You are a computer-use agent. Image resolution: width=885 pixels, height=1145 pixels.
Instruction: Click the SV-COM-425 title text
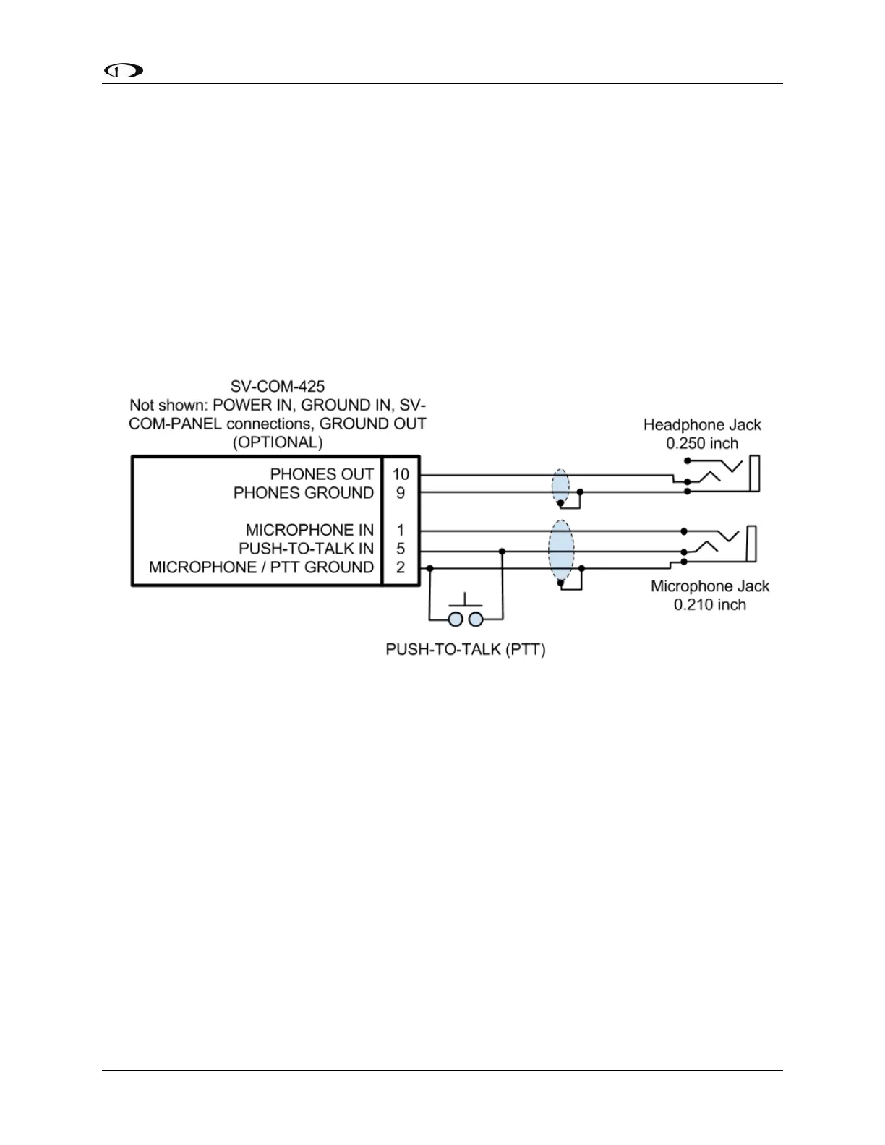click(278, 387)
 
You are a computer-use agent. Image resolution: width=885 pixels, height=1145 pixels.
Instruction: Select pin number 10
click(401, 475)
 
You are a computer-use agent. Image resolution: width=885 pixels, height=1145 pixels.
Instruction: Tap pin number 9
click(401, 493)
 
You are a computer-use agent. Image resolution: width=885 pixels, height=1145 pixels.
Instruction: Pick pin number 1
click(401, 531)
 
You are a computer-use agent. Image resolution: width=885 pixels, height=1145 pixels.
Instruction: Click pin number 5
click(401, 549)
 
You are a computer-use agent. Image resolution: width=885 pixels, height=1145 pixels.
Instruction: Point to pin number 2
click(401, 567)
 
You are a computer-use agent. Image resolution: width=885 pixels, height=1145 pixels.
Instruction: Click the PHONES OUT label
click(322, 475)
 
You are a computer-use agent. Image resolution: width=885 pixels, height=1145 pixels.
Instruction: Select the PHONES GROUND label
click(304, 493)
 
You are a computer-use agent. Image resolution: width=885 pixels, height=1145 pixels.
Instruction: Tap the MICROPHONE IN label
click(309, 531)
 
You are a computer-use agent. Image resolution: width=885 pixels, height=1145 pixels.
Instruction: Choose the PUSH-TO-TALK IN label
click(306, 549)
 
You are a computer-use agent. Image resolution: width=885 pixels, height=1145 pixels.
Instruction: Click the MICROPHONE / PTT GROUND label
click(261, 567)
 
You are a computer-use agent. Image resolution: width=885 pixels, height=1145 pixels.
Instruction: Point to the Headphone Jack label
click(702, 425)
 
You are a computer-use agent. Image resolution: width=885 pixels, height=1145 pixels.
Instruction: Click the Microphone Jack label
click(709, 586)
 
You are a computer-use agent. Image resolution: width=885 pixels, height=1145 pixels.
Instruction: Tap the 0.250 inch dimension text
click(702, 443)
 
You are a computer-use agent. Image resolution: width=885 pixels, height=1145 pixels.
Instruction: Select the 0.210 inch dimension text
click(709, 604)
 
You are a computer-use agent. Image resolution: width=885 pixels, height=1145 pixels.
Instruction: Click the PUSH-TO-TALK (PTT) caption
click(466, 649)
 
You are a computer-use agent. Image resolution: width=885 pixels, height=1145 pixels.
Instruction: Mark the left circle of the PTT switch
click(456, 619)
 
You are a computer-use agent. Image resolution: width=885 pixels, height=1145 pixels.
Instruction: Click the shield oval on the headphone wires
click(560, 487)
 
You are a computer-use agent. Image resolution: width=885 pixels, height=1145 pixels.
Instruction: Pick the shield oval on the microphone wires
click(561, 552)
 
